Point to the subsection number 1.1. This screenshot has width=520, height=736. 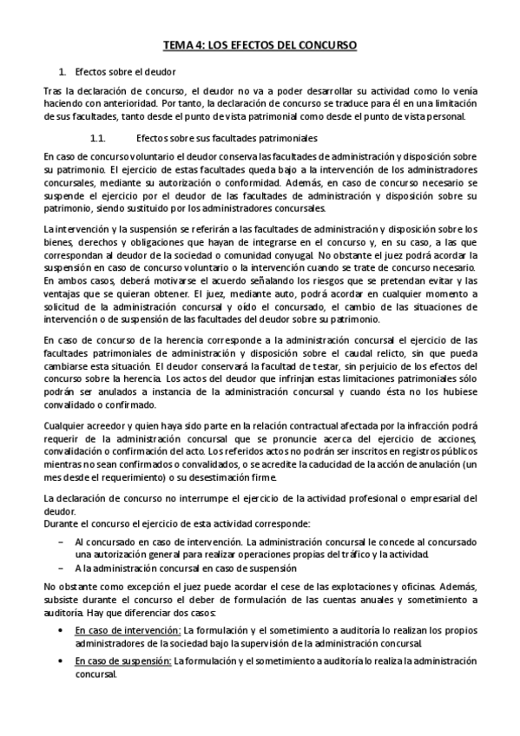(97, 138)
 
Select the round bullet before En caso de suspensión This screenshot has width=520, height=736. (60, 660)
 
